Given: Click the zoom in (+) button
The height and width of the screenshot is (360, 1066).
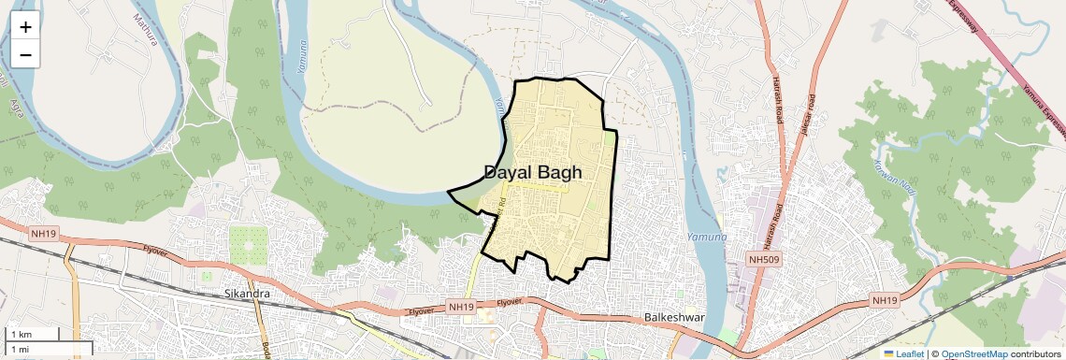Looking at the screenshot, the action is pyautogui.click(x=25, y=27).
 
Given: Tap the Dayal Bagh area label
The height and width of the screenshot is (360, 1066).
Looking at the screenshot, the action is pyautogui.click(x=533, y=172).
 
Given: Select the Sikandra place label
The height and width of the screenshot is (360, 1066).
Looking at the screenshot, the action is pyautogui.click(x=248, y=294).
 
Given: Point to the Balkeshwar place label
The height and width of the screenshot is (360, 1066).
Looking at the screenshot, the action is pyautogui.click(x=673, y=318).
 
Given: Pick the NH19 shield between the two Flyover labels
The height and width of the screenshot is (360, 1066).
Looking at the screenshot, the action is pyautogui.click(x=461, y=306).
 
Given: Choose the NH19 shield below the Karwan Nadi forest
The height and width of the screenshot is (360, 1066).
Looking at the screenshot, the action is pyautogui.click(x=883, y=300).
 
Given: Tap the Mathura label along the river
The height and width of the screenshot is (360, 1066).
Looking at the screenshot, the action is pyautogui.click(x=148, y=31).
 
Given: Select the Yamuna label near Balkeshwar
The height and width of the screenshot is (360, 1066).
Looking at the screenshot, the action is pyautogui.click(x=705, y=238).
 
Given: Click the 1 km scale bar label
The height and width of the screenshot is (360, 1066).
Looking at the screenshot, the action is pyautogui.click(x=21, y=334).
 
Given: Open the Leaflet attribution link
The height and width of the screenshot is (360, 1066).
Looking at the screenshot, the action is pyautogui.click(x=906, y=353).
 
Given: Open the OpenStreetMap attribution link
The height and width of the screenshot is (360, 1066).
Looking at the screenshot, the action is pyautogui.click(x=973, y=353).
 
